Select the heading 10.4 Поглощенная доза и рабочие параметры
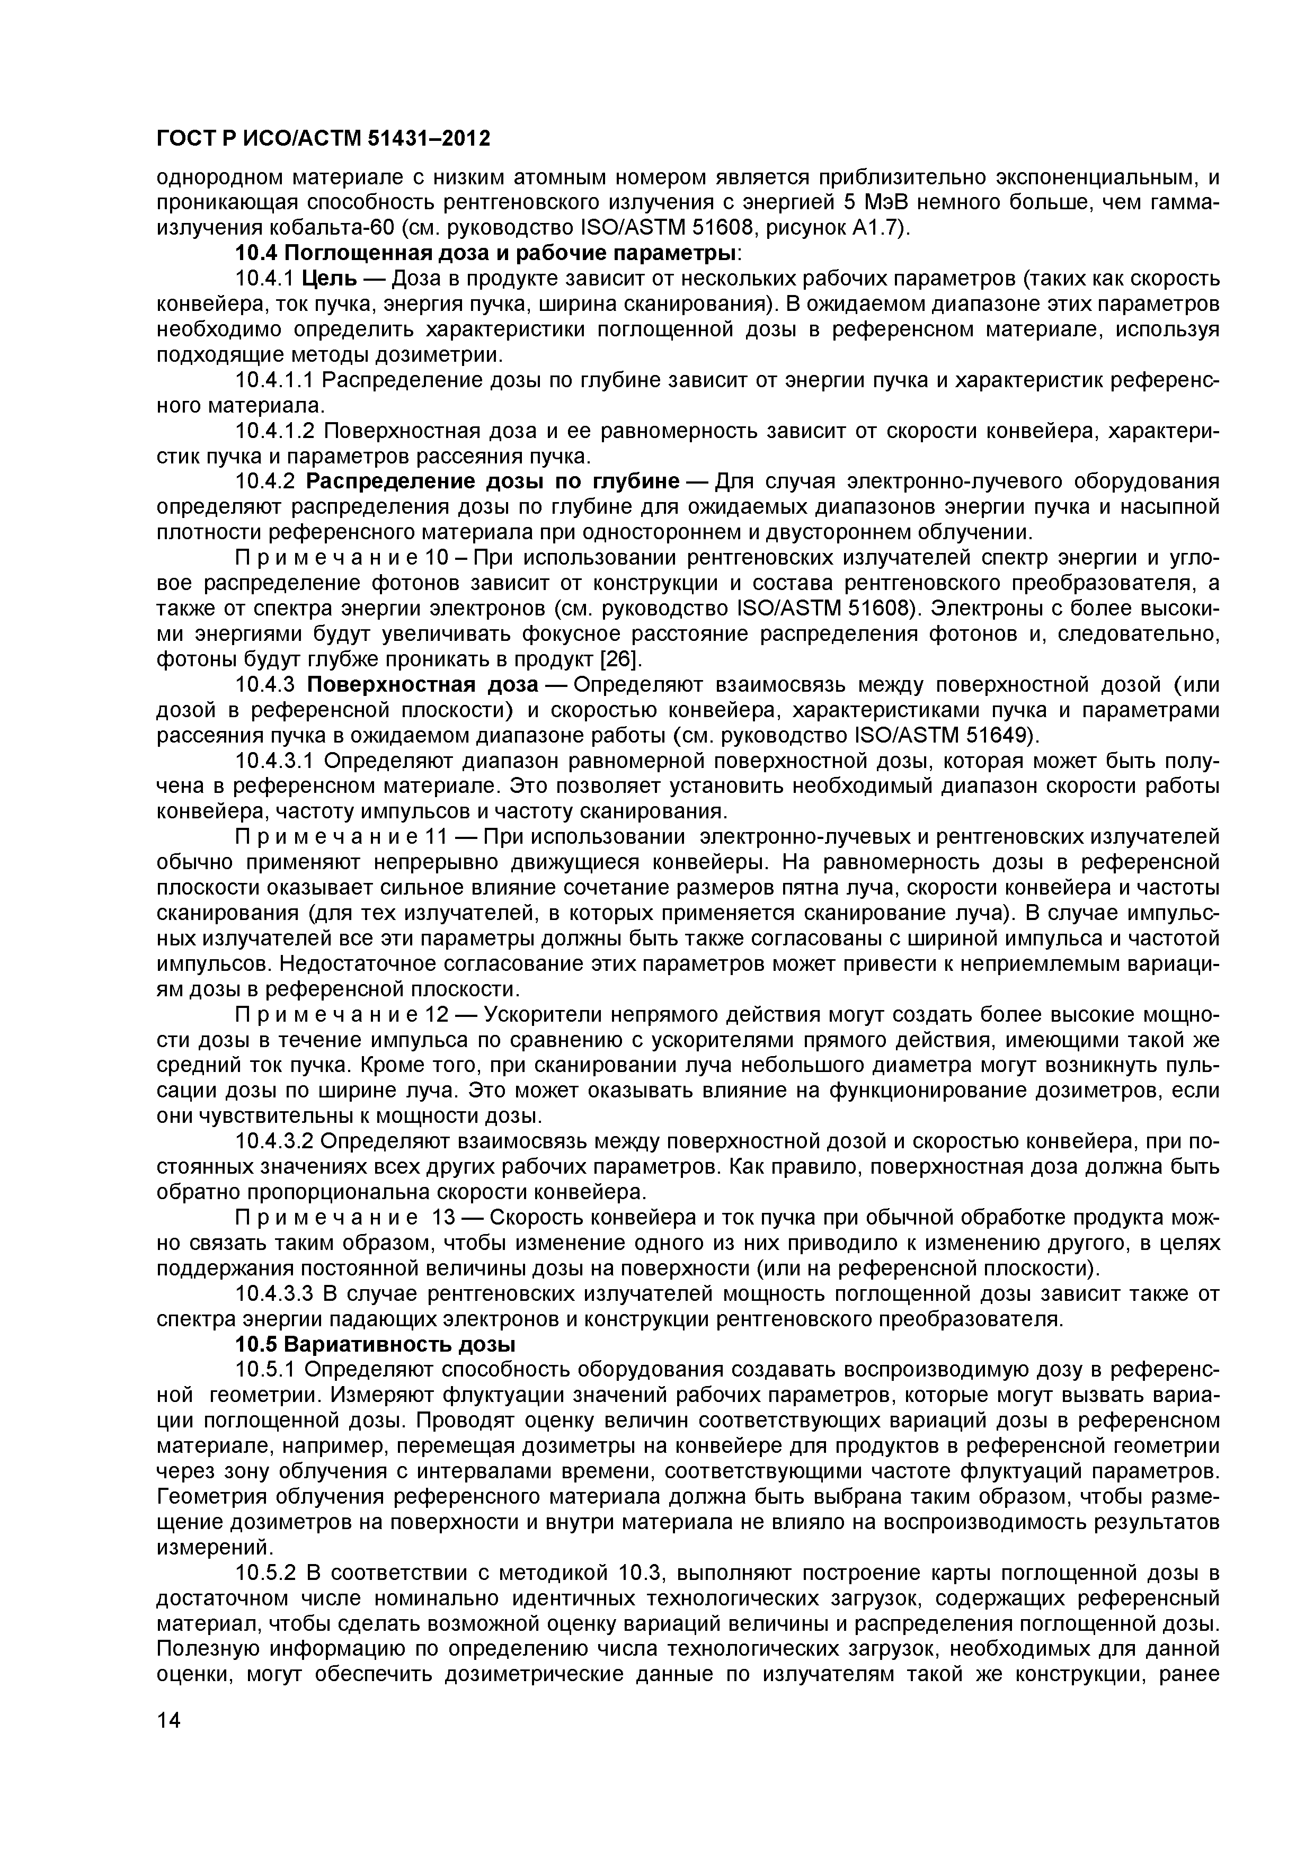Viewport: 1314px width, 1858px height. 488,253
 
